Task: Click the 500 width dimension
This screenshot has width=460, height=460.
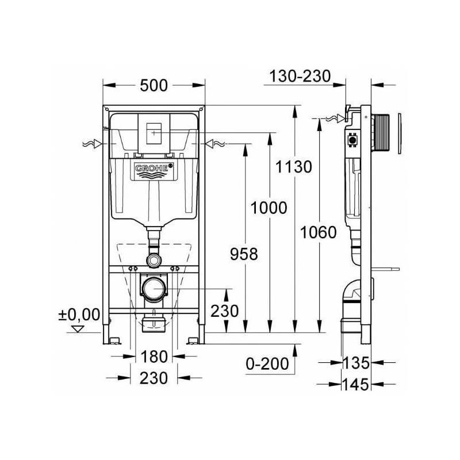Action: (x=154, y=85)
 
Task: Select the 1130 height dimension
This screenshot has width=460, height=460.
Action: (x=294, y=167)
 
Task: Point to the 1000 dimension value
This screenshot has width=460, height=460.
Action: (x=269, y=208)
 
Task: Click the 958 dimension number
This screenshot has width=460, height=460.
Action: (x=244, y=254)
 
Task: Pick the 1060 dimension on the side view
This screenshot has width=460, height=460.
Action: (x=319, y=233)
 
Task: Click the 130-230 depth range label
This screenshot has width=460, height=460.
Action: (x=300, y=76)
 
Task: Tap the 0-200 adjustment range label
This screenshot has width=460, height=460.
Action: (x=267, y=364)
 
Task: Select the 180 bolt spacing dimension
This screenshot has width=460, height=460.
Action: (x=154, y=356)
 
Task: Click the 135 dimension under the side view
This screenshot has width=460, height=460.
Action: (x=356, y=363)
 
